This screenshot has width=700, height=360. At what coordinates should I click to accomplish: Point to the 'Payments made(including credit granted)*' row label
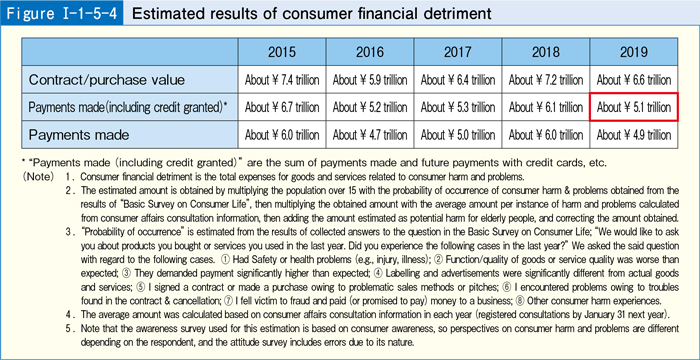coord(128,106)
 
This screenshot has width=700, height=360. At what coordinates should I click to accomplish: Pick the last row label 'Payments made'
coord(80,133)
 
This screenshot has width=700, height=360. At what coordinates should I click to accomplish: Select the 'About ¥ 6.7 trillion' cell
coord(285,106)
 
